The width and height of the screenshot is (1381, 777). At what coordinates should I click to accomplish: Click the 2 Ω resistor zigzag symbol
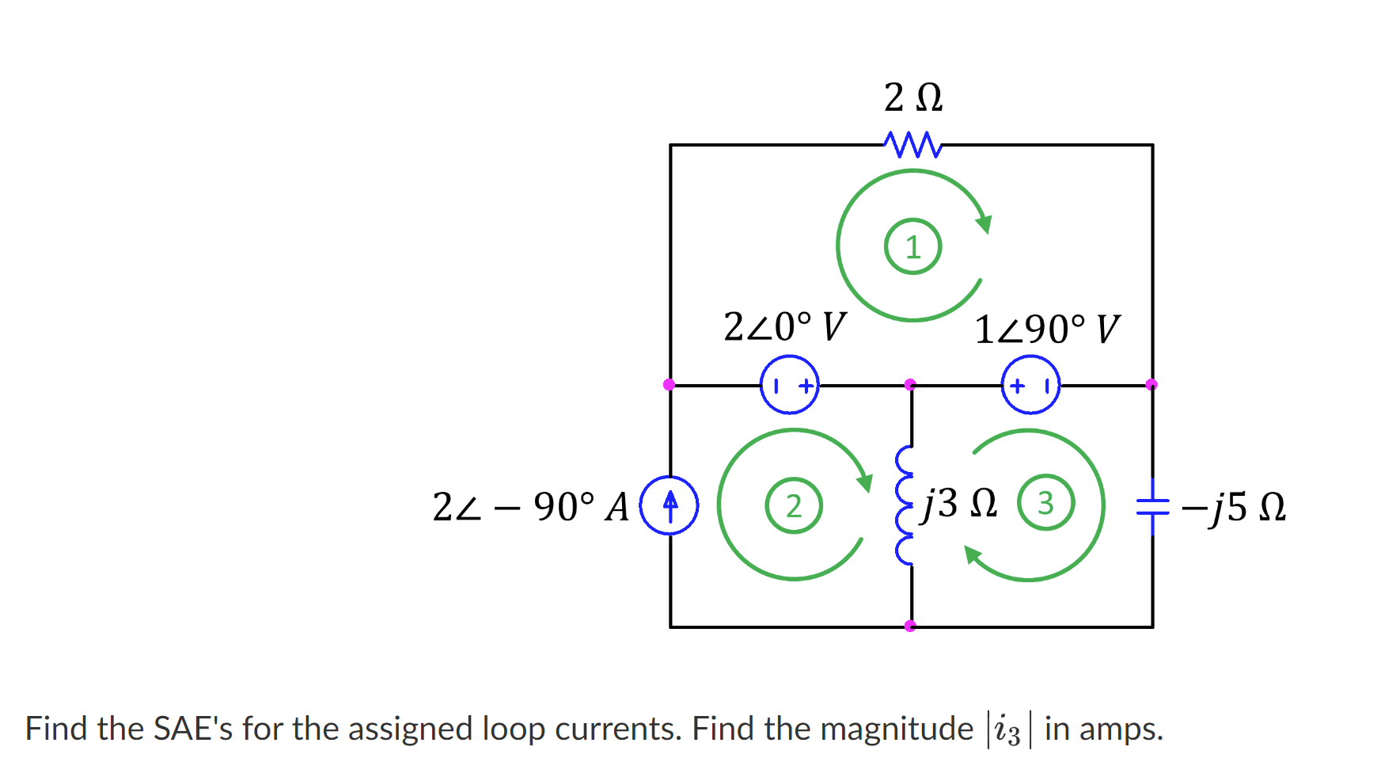coord(912,145)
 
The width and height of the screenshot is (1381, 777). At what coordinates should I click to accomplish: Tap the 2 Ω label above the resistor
coord(912,97)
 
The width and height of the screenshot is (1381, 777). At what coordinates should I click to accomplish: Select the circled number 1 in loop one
coord(912,247)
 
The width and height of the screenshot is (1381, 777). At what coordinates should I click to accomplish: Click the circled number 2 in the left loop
coord(793,505)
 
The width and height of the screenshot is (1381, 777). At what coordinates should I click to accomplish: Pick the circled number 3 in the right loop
coord(1045,503)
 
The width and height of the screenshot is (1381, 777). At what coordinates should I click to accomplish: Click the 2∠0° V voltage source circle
coord(789,385)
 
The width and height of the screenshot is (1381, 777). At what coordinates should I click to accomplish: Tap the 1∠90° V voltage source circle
coord(1030,385)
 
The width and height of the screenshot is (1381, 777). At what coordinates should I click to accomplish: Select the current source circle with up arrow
coord(670,505)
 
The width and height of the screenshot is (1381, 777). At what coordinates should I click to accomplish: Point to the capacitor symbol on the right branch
coord(1151,506)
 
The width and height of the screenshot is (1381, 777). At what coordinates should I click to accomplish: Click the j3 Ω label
coord(959,503)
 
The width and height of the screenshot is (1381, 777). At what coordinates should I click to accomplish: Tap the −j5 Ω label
coord(1233,507)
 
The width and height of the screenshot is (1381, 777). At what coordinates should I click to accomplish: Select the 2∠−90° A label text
coord(530,507)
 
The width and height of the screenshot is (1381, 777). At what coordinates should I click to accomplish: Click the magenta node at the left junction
coord(669,385)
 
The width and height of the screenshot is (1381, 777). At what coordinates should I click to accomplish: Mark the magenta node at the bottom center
coord(910,626)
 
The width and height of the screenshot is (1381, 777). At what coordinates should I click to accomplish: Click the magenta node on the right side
coord(1151,385)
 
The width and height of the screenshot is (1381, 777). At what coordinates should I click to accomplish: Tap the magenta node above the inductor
coord(910,385)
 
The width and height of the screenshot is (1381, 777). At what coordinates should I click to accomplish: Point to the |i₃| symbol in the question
coord(1007,729)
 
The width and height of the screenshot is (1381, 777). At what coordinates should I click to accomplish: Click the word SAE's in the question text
coord(192,729)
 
